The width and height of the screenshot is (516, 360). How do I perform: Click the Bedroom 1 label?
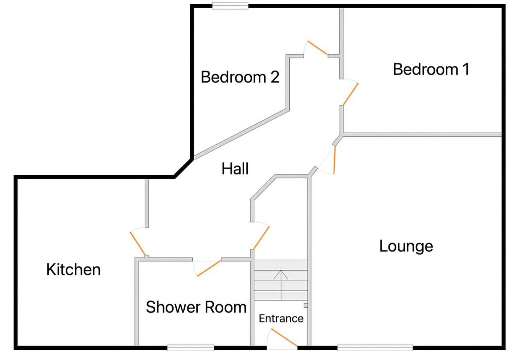tap(431, 69)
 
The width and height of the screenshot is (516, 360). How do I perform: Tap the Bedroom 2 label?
tap(240, 77)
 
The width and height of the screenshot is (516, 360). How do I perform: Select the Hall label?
tap(235, 169)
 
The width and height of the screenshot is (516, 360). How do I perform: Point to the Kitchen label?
tap(73, 270)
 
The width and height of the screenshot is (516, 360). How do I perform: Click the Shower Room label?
tap(196, 307)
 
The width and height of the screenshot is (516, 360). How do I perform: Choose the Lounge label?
tap(406, 246)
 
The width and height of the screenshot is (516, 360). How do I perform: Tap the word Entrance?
tap(281, 318)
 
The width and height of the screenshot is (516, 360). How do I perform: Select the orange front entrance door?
tap(284, 337)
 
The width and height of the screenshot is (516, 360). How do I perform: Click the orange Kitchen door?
tap(137, 244)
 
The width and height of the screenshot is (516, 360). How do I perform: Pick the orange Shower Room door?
tap(209, 268)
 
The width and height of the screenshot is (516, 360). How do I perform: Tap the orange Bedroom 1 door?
tap(350, 94)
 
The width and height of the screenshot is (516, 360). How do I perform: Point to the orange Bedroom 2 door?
tap(318, 48)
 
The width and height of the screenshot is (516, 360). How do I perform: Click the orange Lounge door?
tap(334, 160)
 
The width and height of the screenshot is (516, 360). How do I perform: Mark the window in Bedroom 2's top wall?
tap(230, 6)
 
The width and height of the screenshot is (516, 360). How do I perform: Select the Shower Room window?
tap(190, 347)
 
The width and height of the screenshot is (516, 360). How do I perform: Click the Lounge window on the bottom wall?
tap(375, 347)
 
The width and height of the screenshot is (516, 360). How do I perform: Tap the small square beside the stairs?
tap(306, 305)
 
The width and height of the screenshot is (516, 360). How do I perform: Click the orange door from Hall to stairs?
tap(261, 238)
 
